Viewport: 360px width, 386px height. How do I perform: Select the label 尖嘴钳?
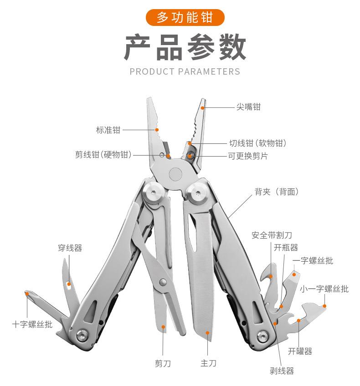pos(248,107)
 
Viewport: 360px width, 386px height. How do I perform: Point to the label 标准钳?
pos(108,130)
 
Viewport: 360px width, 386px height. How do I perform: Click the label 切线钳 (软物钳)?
pos(257,143)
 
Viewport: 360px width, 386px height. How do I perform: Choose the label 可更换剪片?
pos(248,155)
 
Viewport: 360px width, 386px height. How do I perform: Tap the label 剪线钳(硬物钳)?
pos(103,155)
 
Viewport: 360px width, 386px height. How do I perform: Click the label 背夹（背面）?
pos(277,192)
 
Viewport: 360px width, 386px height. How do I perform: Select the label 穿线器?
pos(70,248)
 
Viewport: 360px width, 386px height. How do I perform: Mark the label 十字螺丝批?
pos(32,325)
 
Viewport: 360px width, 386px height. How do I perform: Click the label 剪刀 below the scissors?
pos(163,363)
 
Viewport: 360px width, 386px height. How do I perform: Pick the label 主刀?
pos(208,363)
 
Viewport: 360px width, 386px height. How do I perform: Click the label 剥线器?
pos(282,371)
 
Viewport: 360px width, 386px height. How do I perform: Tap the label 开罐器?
pos(300,351)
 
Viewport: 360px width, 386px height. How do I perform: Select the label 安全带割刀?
pos(272,235)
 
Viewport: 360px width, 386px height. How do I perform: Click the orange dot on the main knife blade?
pos(208,333)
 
